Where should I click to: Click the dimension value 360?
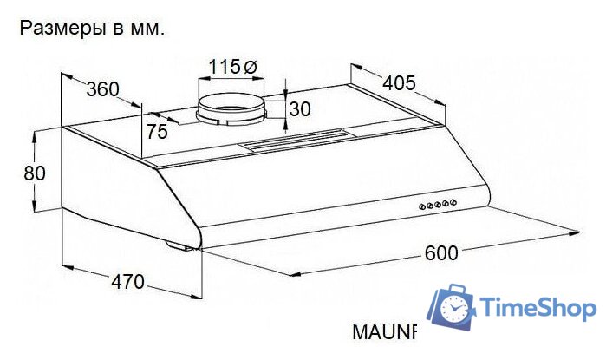pos(103,89)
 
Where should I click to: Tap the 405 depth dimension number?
pos(400,82)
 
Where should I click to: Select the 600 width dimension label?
pos(441,253)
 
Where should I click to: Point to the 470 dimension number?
pos(127,282)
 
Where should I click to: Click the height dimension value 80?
pos(35,173)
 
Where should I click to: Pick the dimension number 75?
pos(157,132)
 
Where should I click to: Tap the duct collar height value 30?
pos(300,109)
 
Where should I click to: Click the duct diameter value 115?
pos(225,67)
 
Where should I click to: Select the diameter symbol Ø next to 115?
pos(251,68)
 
